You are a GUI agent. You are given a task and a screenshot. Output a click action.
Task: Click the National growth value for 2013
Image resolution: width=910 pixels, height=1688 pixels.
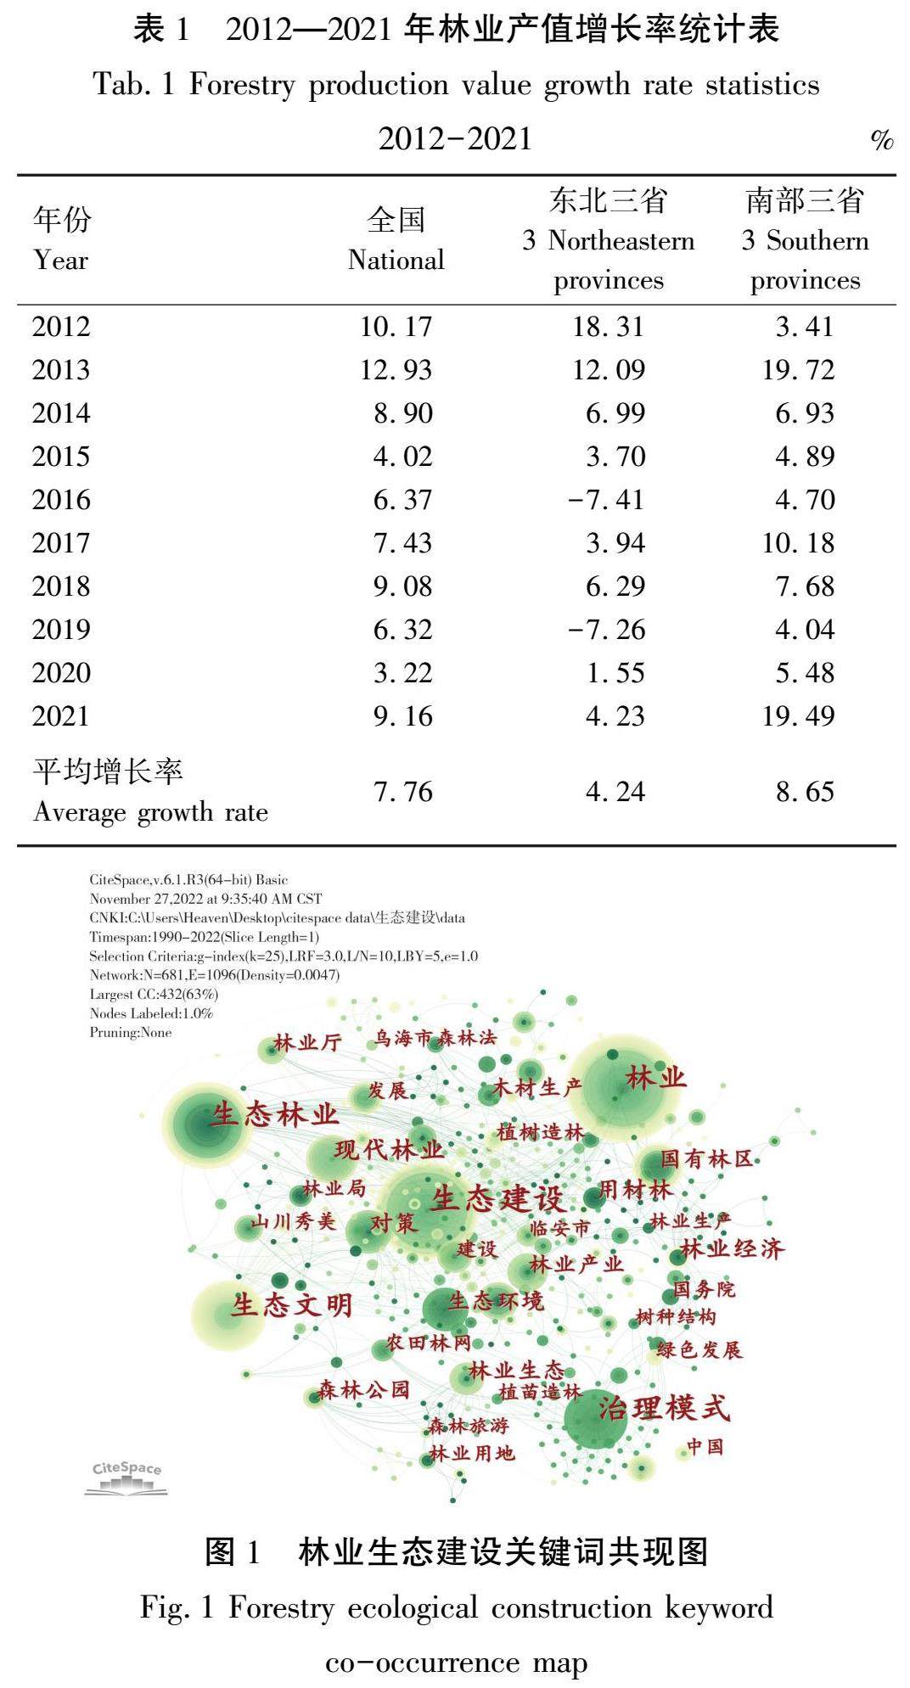[x=396, y=370]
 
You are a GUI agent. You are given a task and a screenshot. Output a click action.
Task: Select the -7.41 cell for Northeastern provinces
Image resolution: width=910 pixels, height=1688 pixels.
[x=606, y=500]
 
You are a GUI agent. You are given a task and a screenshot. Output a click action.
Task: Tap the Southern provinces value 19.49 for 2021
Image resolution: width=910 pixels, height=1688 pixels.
[x=798, y=716]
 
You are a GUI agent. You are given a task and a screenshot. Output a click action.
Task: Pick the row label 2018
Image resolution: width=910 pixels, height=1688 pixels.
[x=61, y=586]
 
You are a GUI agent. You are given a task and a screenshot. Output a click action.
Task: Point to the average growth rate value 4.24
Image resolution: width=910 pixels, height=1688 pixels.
[x=615, y=792]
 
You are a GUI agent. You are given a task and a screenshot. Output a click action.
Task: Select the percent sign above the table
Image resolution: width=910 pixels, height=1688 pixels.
[x=882, y=140]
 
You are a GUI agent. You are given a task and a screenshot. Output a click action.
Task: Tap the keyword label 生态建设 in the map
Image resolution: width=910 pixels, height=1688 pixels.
[x=497, y=1199]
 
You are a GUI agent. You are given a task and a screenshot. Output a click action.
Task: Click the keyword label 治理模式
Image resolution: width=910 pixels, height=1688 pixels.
[x=664, y=1409]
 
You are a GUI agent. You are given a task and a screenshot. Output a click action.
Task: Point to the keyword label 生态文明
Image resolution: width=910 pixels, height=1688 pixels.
[x=292, y=1304]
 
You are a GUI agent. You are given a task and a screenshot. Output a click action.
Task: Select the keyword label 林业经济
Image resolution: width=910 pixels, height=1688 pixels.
[x=733, y=1248]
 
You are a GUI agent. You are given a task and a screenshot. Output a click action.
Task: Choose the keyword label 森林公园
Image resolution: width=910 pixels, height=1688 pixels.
[x=364, y=1390]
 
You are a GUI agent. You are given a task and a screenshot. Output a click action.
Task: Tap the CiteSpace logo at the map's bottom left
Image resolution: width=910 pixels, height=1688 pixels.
[x=126, y=1478]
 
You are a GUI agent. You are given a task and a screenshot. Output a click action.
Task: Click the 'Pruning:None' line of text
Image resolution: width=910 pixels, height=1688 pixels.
[x=131, y=1033]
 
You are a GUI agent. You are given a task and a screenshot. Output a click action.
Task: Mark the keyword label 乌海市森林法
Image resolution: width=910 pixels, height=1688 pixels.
[x=435, y=1038]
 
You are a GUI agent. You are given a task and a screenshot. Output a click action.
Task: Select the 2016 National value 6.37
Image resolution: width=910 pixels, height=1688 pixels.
[x=402, y=500]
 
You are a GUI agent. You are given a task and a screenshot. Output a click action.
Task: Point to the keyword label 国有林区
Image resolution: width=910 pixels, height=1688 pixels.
[x=707, y=1158]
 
